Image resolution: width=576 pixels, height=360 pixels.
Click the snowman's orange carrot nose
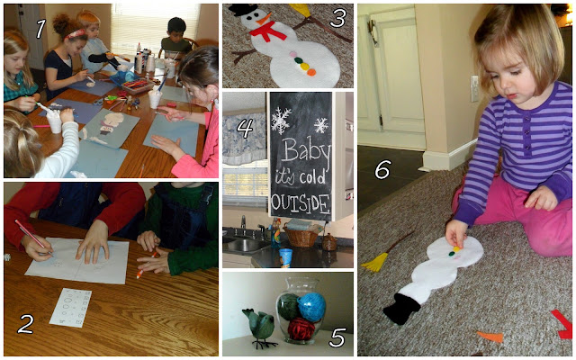click(x=264, y=19)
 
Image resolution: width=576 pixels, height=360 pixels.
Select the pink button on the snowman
click(x=292, y=54)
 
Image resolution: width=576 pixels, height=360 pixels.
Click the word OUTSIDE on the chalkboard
click(x=301, y=203)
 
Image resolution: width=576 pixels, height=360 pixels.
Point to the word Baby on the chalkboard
click(x=307, y=150)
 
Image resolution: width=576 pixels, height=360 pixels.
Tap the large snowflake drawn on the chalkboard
click(x=281, y=120)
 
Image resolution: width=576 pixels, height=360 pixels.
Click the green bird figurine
click(x=258, y=326)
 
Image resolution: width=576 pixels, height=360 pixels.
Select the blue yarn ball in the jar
click(x=311, y=307)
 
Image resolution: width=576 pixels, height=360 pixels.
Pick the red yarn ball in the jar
click(x=301, y=328)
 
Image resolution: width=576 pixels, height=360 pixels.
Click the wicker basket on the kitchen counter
click(x=301, y=236)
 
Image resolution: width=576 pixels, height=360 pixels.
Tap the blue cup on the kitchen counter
click(x=285, y=256)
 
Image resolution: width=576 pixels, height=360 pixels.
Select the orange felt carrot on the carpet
click(x=490, y=337)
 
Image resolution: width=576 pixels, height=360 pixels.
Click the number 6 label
click(x=382, y=169)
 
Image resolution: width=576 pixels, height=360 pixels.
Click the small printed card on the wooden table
click(x=70, y=307)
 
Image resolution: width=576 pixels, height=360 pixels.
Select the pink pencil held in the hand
click(x=33, y=237)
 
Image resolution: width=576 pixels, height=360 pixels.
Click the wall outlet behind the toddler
click(x=475, y=88)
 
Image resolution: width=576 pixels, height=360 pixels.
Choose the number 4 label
click(x=245, y=128)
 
